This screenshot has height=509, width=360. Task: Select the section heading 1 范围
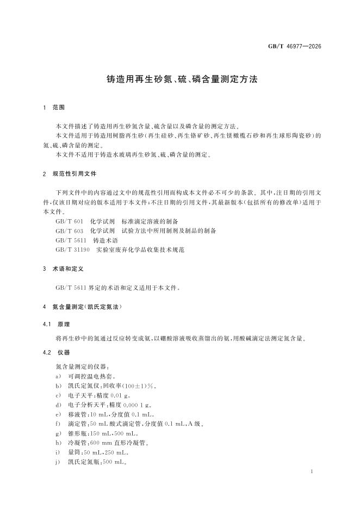tap(54, 108)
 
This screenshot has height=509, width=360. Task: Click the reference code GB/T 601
tap(69, 221)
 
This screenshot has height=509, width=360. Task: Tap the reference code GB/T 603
tap(69, 231)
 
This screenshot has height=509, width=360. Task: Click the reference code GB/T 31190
tap(72, 250)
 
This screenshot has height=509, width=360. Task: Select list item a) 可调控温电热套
tap(91, 376)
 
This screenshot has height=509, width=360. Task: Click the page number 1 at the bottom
tap(310, 472)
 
